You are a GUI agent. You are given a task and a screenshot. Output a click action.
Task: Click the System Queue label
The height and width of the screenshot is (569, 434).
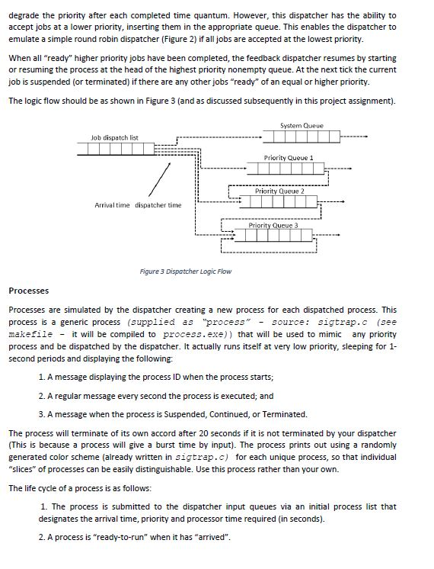[x=302, y=126]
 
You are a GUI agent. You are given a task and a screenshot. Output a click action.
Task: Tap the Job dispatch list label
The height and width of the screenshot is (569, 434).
[x=114, y=137]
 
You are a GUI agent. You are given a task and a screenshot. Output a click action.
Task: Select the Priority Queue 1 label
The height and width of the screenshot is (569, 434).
[x=289, y=157]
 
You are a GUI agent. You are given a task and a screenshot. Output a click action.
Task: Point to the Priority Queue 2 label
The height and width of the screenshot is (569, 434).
[x=279, y=191]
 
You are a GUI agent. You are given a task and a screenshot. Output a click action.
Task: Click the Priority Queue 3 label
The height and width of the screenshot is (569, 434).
[x=273, y=225]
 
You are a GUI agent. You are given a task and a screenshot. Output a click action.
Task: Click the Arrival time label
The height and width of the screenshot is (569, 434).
[x=112, y=205]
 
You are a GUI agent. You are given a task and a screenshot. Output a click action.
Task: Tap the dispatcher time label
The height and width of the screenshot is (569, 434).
[x=158, y=205]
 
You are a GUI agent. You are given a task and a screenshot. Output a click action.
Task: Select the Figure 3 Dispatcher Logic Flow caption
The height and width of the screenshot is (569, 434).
[x=186, y=272]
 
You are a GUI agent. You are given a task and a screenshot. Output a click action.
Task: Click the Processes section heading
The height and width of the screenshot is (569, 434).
[x=29, y=291]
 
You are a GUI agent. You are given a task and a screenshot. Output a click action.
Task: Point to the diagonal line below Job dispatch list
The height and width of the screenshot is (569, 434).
[x=159, y=179]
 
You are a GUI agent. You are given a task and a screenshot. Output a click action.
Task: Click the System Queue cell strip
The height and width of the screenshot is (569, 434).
[x=302, y=137]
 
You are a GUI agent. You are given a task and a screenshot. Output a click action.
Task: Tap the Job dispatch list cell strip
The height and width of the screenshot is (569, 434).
[x=116, y=149]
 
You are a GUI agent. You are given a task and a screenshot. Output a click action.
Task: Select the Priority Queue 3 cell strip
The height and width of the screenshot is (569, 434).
[x=273, y=236]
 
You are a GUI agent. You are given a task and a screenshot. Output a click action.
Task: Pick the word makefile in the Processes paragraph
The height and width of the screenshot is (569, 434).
[x=30, y=334]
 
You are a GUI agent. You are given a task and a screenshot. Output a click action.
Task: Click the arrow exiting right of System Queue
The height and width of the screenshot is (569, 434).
[x=354, y=137]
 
